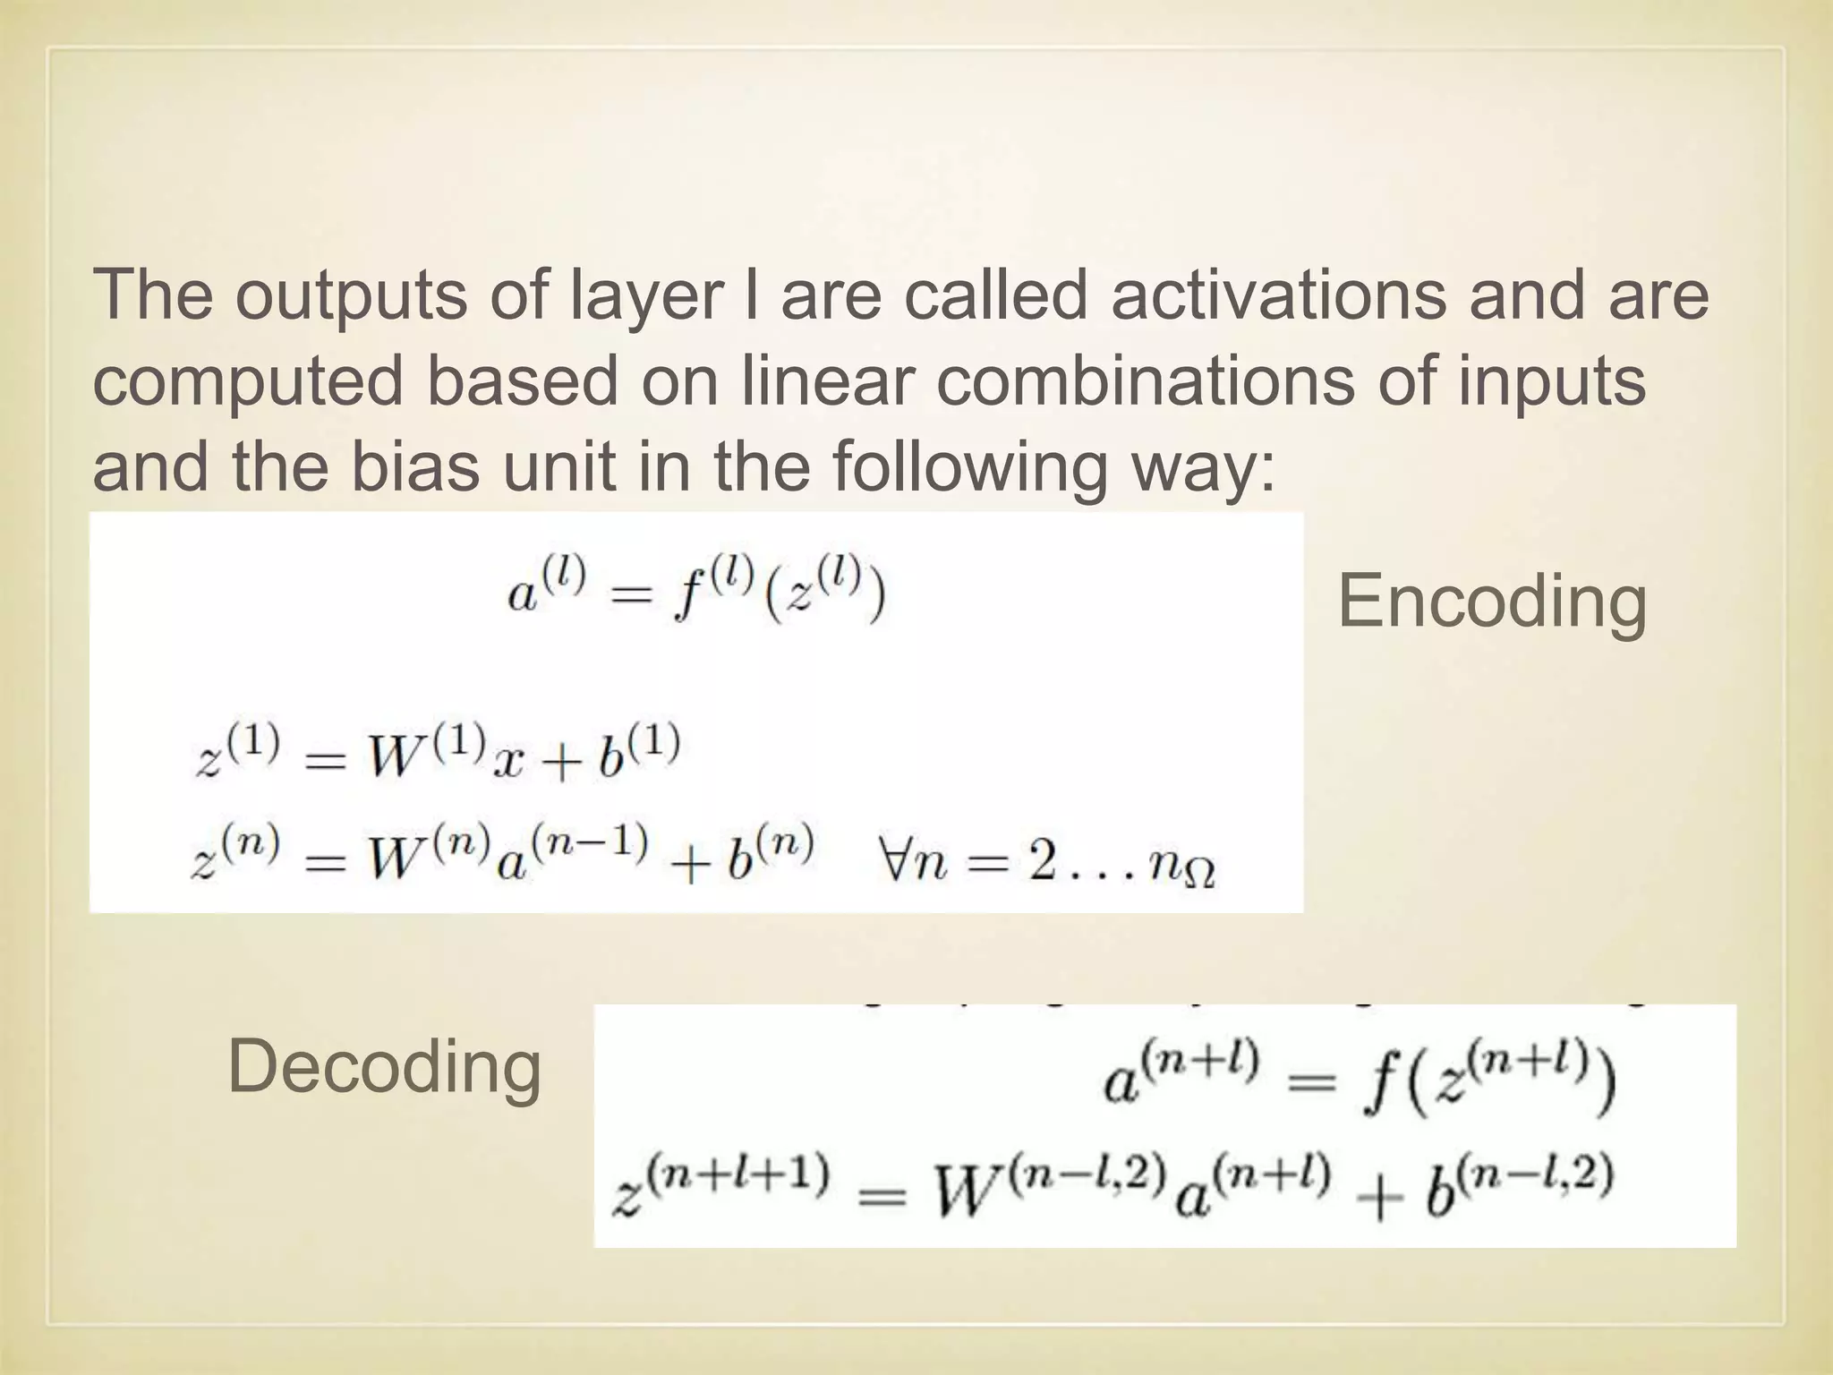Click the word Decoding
[x=385, y=1068]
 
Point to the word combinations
[x=1145, y=380]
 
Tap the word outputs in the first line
[x=350, y=296]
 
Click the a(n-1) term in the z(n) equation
[x=570, y=857]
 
